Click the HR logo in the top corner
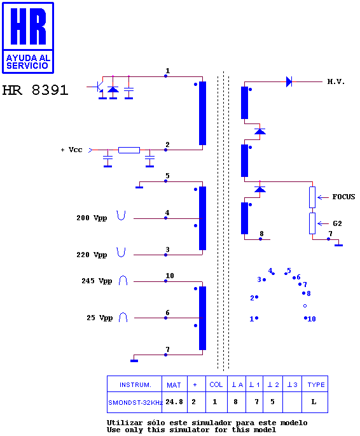tap(28, 38)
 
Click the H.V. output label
tap(336, 81)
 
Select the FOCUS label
tap(343, 197)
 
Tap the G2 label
tap(337, 223)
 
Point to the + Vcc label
tap(72, 150)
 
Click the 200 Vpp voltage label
tap(92, 218)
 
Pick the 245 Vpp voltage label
tap(97, 281)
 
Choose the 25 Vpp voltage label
tap(99, 318)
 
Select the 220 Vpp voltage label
tap(92, 255)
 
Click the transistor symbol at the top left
tap(99, 87)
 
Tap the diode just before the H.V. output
tap(289, 81)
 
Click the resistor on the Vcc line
tap(129, 150)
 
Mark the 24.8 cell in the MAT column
tap(174, 402)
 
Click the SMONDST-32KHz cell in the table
tap(135, 402)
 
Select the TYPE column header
tap(316, 384)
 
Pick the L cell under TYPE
tap(314, 402)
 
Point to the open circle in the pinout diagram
tap(305, 306)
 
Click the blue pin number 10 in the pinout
tap(312, 319)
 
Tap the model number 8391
tap(50, 90)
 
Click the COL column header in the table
tap(216, 384)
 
